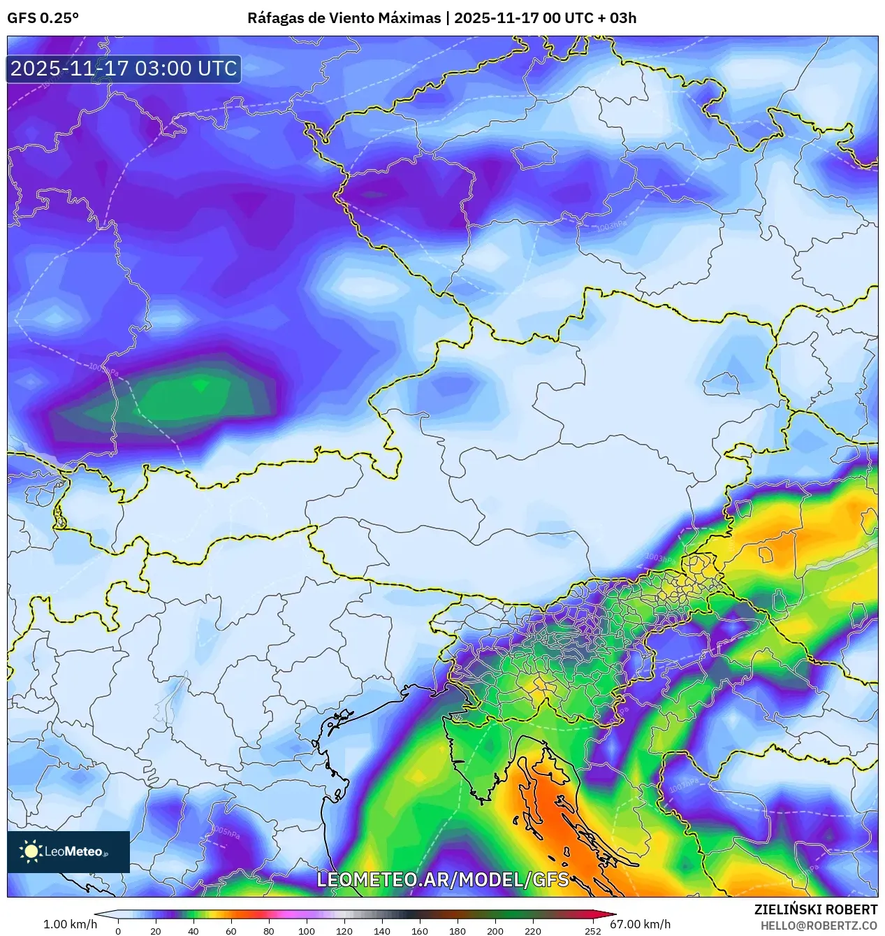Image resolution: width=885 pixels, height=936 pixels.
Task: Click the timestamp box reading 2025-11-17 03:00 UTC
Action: pos(124,69)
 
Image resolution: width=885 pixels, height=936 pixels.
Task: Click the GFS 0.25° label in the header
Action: pos(43,17)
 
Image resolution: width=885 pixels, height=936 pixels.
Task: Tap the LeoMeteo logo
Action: pos(68,851)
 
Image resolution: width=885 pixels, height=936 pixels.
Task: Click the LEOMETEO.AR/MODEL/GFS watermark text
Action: pos(443,879)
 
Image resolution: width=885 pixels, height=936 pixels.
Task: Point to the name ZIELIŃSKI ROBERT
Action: pos(815,909)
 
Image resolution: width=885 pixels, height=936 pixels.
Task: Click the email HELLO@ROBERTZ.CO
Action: pos(819,926)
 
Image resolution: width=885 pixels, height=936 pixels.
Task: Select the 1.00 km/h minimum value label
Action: pos(70,924)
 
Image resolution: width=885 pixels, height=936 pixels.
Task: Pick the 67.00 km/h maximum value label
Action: pos(640,924)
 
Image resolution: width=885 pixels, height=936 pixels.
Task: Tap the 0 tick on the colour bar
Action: pos(117,930)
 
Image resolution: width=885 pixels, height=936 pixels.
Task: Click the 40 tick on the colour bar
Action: pos(193,930)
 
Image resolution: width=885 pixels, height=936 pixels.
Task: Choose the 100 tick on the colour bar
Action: pos(307,930)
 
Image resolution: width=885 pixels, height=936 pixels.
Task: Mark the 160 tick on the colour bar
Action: pos(420,930)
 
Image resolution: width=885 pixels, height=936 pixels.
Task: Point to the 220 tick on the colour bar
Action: pos(533,930)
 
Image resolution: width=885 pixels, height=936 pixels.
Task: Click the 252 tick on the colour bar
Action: pos(593,930)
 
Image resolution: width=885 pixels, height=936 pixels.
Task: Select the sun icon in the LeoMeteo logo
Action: pos(31,851)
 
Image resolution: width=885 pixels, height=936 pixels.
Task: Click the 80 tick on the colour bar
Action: pos(269,930)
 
